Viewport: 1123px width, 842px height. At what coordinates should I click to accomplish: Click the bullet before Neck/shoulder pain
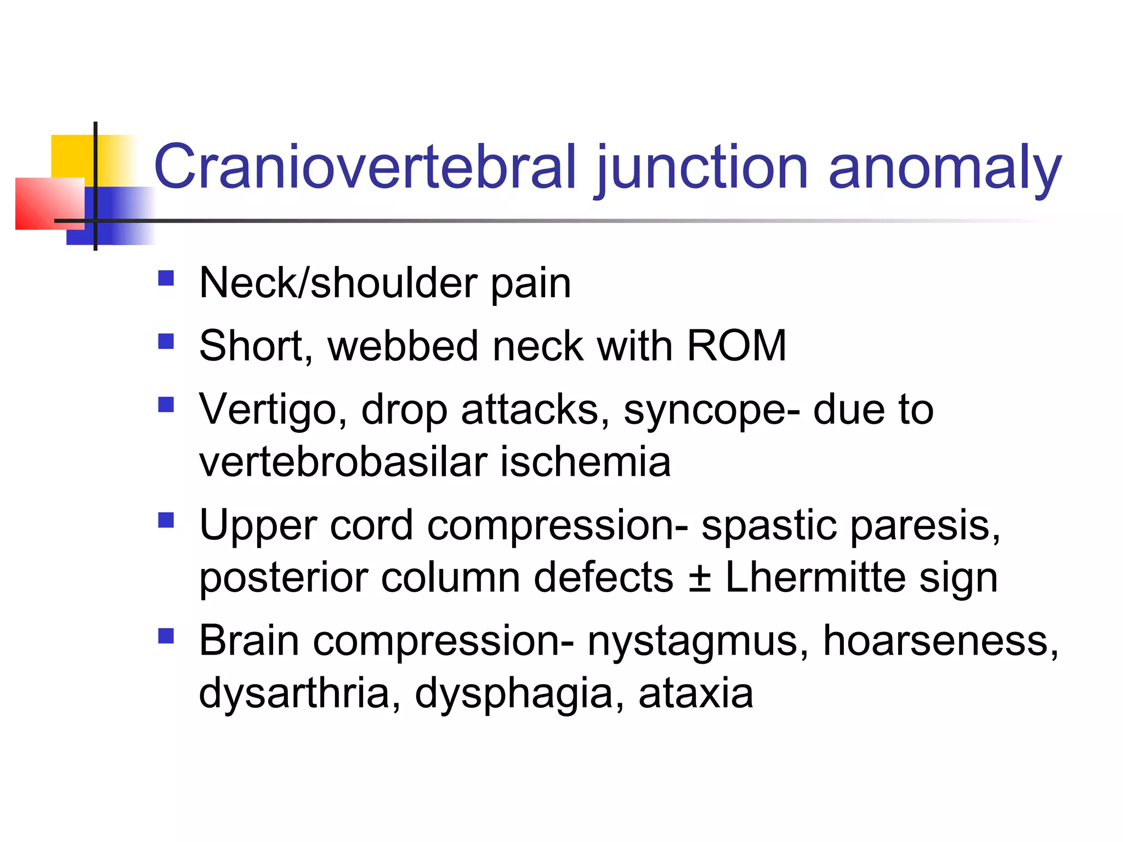coord(166,278)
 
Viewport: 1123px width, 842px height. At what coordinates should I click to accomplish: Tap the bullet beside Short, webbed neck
coord(166,342)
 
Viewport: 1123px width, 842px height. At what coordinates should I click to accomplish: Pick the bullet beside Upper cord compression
coord(166,520)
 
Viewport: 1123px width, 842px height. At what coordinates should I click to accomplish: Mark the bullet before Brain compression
coord(166,635)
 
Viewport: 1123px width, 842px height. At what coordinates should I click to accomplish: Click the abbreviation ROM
coord(736,346)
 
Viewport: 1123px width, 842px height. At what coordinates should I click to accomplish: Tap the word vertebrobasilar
coord(343,462)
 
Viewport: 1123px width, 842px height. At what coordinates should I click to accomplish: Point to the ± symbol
coord(700,577)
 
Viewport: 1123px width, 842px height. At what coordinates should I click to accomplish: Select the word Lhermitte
coord(815,577)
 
